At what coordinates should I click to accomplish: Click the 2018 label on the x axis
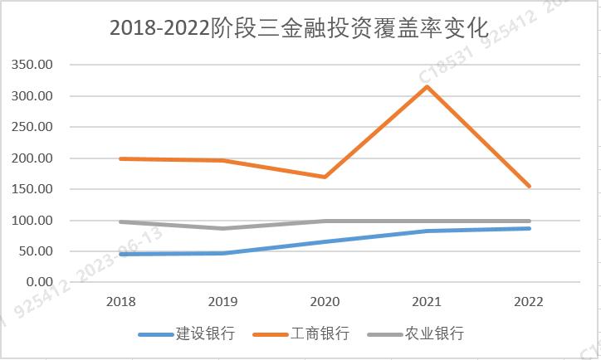point(121,300)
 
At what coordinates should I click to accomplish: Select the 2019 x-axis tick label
point(223,300)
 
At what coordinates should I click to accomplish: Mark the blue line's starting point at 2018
point(121,254)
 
